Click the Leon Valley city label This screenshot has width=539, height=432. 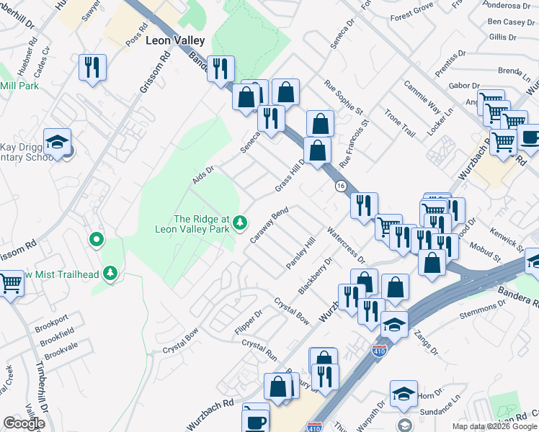pyautogui.click(x=175, y=42)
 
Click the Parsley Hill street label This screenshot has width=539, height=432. pyautogui.click(x=300, y=253)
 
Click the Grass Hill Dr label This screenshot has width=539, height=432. pyautogui.click(x=290, y=176)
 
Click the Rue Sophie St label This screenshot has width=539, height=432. pyautogui.click(x=343, y=97)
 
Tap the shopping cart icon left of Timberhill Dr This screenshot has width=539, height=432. pyautogui.click(x=10, y=282)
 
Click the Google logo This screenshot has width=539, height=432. pyautogui.click(x=24, y=423)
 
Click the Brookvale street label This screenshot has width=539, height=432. pyautogui.click(x=61, y=354)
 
